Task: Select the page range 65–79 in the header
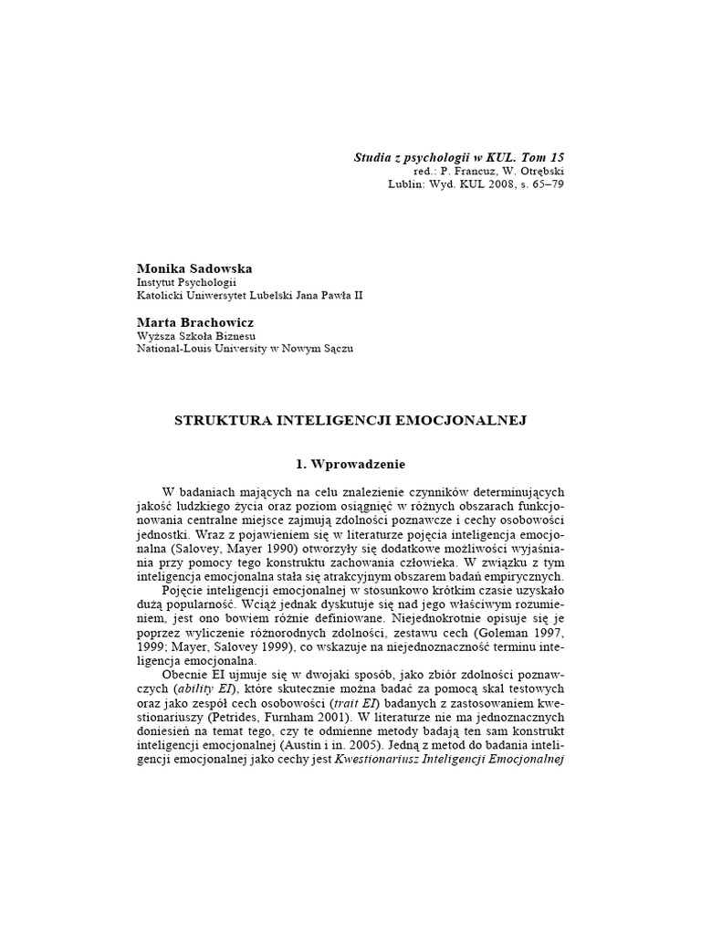[547, 184]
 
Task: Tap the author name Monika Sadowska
[194, 269]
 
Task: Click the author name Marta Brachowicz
[194, 321]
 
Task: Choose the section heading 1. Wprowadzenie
[350, 465]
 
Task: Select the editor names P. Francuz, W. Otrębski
[501, 171]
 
